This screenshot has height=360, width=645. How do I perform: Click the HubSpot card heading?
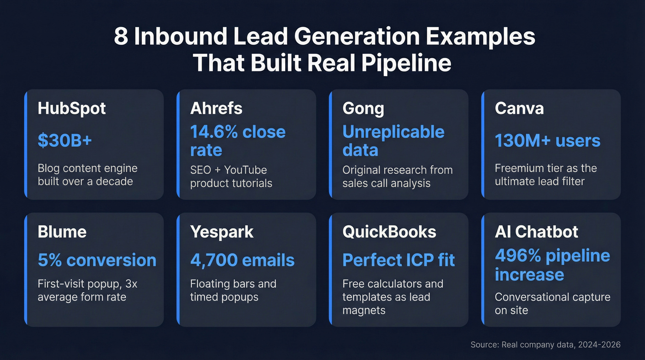(72, 108)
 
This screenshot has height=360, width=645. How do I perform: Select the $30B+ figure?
(65, 141)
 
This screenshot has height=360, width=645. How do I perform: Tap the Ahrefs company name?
(216, 108)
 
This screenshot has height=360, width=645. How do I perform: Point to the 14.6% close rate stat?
(238, 141)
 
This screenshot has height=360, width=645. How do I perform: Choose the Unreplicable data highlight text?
(393, 141)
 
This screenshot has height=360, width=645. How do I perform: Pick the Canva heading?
(519, 108)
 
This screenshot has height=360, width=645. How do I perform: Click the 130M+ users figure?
(547, 141)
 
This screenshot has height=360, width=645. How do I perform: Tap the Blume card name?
(62, 231)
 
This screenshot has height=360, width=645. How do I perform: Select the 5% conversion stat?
(97, 260)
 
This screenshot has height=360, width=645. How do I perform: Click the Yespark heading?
(222, 231)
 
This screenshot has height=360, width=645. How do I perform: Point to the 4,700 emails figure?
(242, 260)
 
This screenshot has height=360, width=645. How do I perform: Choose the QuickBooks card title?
(389, 231)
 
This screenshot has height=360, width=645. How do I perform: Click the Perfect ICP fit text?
(399, 260)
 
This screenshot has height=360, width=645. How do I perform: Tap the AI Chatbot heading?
(536, 231)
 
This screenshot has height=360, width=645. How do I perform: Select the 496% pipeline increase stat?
(552, 265)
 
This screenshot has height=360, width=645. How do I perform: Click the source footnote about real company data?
(545, 344)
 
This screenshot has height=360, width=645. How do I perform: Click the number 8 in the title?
(121, 37)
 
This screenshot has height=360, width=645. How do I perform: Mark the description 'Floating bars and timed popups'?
(233, 290)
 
